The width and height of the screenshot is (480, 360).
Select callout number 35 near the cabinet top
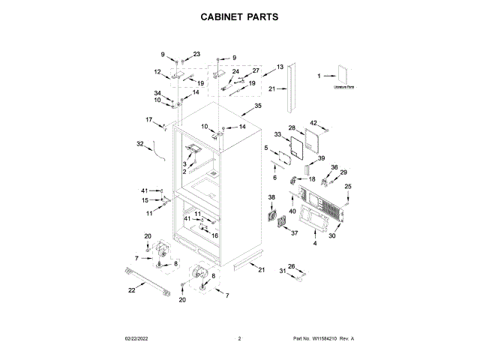click(258, 106)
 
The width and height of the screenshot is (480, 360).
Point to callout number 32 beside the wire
click(139, 143)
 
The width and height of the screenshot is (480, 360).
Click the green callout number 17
click(148, 119)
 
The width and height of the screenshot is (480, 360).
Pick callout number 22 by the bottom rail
click(132, 290)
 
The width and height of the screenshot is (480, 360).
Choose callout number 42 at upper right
click(314, 123)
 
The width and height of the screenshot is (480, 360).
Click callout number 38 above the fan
click(271, 197)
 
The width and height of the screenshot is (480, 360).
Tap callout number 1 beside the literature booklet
click(319, 76)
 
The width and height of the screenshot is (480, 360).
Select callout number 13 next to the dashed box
click(280, 67)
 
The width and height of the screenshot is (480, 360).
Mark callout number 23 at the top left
click(197, 54)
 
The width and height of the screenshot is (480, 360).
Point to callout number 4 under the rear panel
click(315, 244)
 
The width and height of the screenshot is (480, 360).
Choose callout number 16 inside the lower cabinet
click(214, 235)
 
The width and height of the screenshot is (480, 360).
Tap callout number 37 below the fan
click(295, 233)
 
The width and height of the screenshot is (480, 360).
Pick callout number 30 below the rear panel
click(332, 235)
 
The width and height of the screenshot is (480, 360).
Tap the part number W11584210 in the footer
click(324, 340)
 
